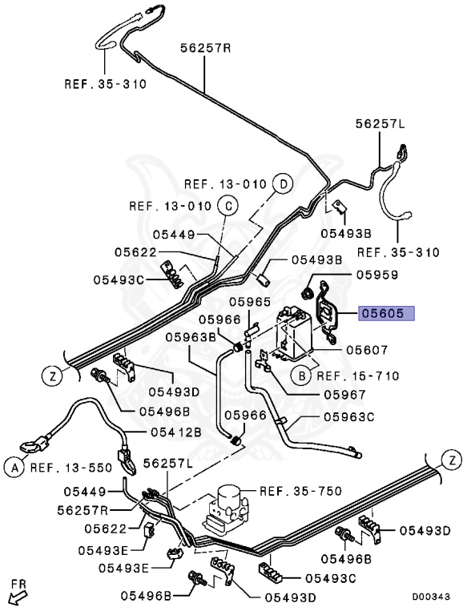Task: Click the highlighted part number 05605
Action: (x=386, y=314)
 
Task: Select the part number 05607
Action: (x=367, y=350)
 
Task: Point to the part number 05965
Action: (x=251, y=302)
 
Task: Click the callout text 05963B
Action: (x=191, y=337)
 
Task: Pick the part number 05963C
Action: (x=348, y=416)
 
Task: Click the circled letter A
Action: (x=14, y=466)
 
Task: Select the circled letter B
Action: (x=300, y=375)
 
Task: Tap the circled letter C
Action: (x=227, y=206)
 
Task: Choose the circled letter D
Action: (x=282, y=183)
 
